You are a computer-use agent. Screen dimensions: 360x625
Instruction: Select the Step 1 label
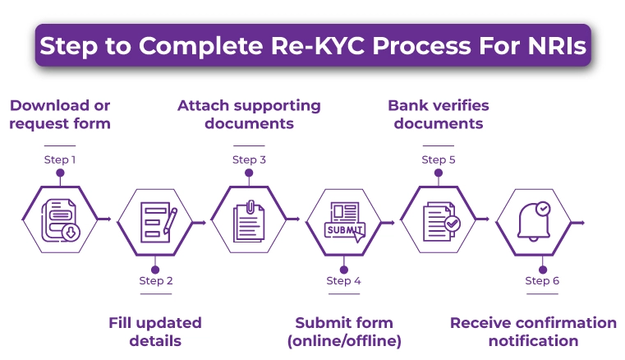click(x=60, y=159)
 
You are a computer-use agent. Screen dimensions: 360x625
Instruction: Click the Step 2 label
click(x=155, y=281)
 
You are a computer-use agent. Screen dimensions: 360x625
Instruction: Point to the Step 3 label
click(x=249, y=159)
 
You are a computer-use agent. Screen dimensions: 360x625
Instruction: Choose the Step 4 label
click(x=343, y=281)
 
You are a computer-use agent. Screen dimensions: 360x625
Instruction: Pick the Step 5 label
click(x=438, y=159)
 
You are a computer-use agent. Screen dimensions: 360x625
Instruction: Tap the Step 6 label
click(x=542, y=281)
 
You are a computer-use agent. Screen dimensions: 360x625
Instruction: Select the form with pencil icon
click(x=155, y=221)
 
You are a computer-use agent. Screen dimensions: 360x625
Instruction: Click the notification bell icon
click(x=534, y=221)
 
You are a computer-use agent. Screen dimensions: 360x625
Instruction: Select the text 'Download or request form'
click(x=60, y=114)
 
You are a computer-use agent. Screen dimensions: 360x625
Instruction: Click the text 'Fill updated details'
click(x=155, y=331)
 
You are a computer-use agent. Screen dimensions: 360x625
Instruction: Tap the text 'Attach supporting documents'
click(x=249, y=114)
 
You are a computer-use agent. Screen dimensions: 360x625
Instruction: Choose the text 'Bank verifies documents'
click(x=438, y=114)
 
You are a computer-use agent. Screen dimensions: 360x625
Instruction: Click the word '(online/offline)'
click(x=344, y=341)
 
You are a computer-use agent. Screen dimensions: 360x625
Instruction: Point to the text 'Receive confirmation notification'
click(x=533, y=331)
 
